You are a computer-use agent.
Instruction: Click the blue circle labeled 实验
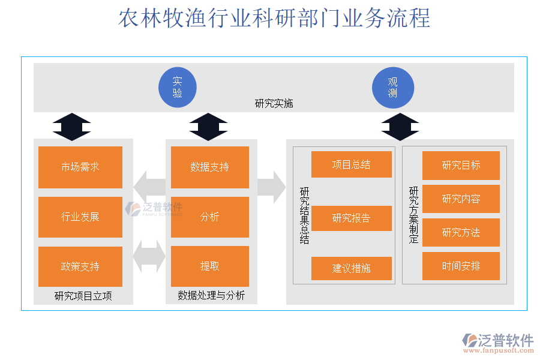(178, 88)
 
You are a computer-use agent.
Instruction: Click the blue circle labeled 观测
(393, 88)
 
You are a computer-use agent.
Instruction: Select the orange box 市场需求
(80, 167)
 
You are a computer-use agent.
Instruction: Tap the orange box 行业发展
(80, 217)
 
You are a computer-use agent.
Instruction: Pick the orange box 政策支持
(80, 266)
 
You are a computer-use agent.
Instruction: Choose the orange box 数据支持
(210, 167)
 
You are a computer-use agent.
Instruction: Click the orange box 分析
(210, 217)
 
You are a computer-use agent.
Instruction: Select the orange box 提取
(210, 266)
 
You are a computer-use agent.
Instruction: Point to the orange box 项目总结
(352, 164)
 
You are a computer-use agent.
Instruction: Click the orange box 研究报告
(352, 218)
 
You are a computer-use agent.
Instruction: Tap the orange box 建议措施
(352, 268)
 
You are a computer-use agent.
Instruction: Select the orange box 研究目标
(461, 166)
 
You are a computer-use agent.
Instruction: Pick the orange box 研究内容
(461, 199)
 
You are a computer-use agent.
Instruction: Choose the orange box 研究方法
(461, 232)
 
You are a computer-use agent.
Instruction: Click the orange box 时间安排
(461, 266)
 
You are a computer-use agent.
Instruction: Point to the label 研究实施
(274, 103)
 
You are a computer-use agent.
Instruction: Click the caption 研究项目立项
(83, 296)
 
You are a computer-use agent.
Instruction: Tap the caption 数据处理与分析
(211, 296)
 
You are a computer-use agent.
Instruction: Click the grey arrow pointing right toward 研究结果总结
(272, 187)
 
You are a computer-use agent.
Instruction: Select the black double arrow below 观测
(400, 127)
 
